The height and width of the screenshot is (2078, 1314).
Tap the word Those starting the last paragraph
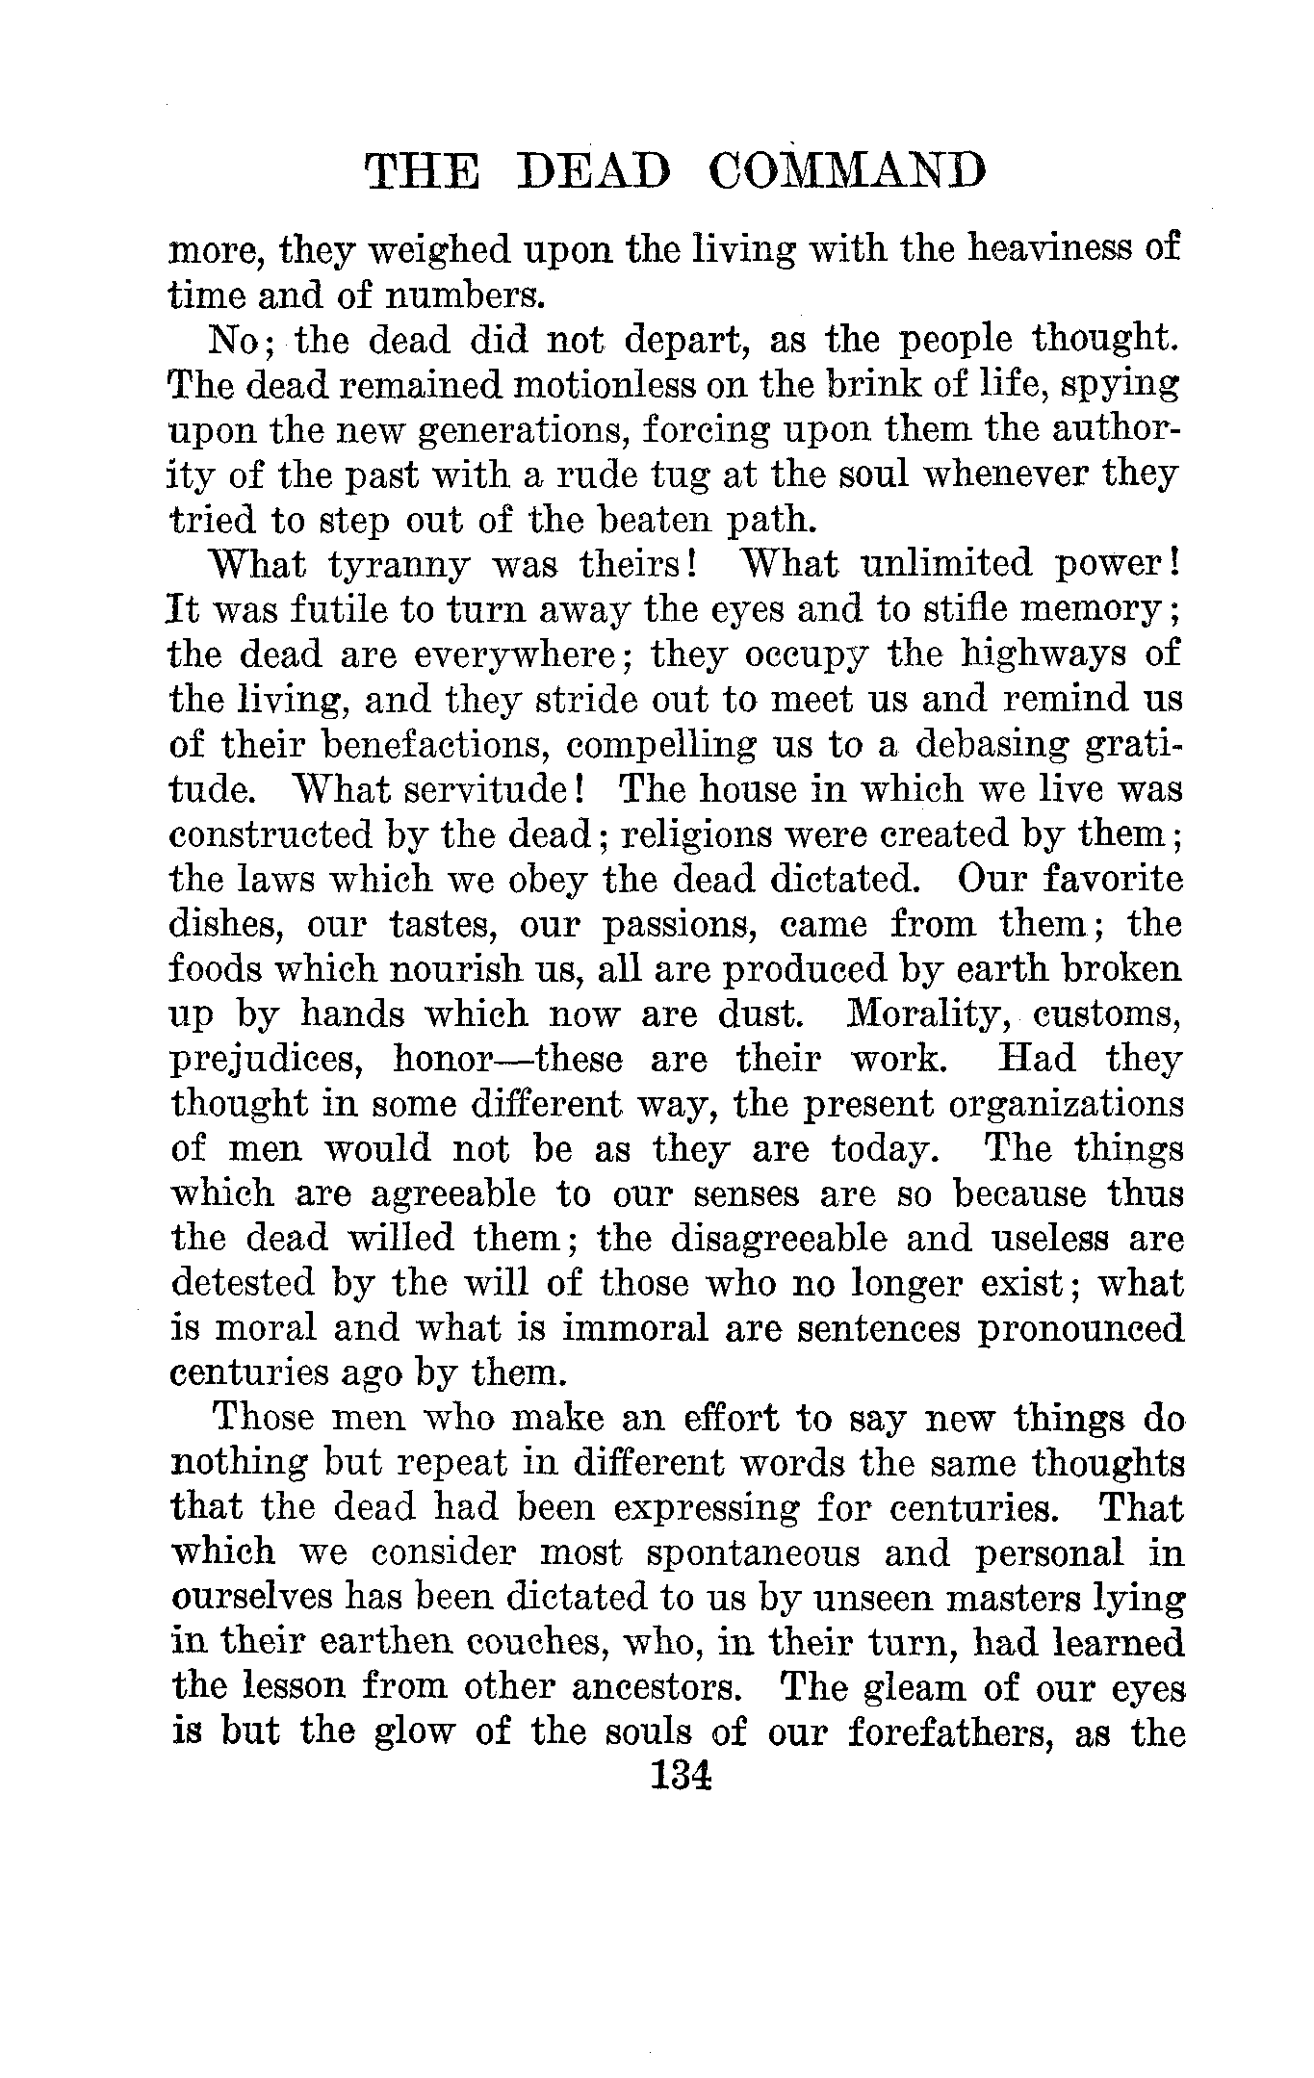(x=262, y=1419)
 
